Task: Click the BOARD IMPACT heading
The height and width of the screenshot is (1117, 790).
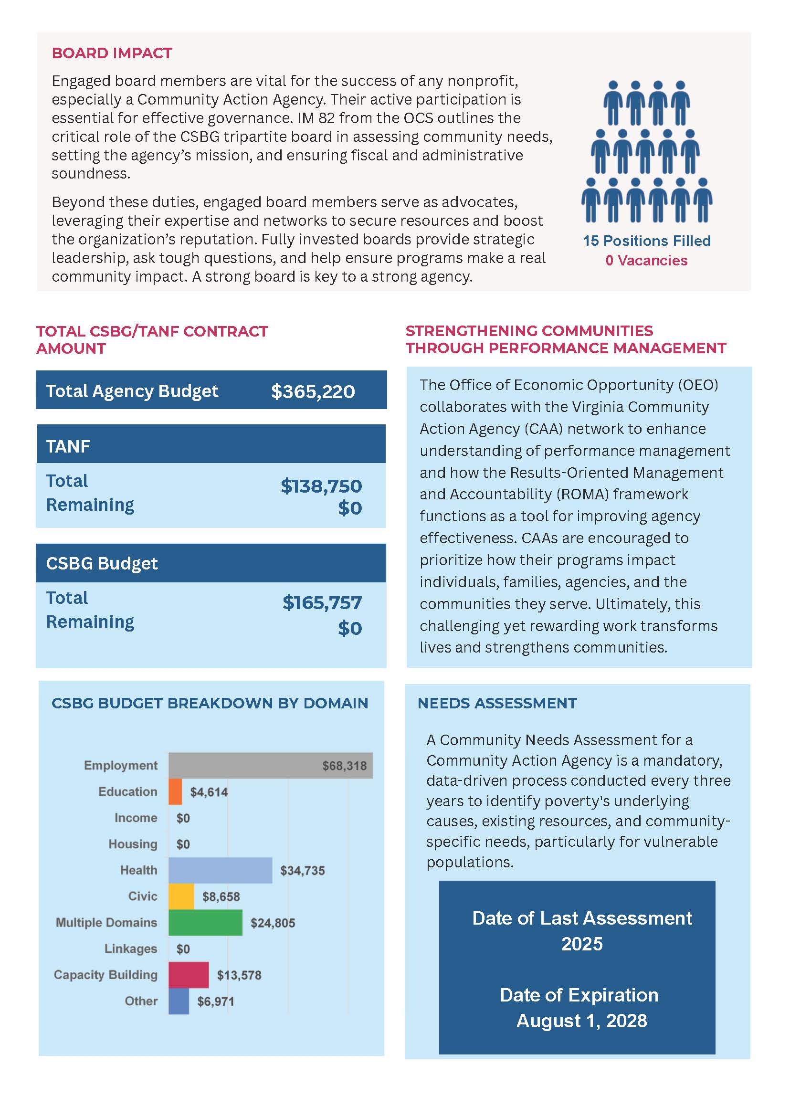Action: point(112,53)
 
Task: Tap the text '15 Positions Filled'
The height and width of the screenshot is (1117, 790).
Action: point(646,241)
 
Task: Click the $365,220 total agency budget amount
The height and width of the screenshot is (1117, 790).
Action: point(313,391)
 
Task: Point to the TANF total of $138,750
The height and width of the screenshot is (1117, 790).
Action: point(321,486)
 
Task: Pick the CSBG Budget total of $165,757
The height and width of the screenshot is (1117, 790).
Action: point(322,603)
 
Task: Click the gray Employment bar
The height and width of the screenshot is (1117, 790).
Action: point(271,765)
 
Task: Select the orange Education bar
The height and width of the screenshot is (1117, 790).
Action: point(175,791)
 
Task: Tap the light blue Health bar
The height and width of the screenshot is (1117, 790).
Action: point(221,870)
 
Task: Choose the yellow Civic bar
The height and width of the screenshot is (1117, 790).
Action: point(181,896)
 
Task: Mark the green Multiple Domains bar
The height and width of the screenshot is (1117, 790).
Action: point(205,923)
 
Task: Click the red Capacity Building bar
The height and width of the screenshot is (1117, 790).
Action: point(189,975)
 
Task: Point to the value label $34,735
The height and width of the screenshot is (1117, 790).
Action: point(302,871)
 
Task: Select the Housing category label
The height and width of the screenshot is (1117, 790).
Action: point(133,844)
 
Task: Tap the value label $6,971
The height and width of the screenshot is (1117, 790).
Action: point(215,1001)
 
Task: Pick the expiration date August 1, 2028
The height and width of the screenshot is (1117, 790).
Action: point(581,1021)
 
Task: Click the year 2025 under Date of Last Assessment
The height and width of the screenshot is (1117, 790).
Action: point(582,944)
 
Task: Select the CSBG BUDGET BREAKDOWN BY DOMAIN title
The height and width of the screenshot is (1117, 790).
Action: point(210,704)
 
